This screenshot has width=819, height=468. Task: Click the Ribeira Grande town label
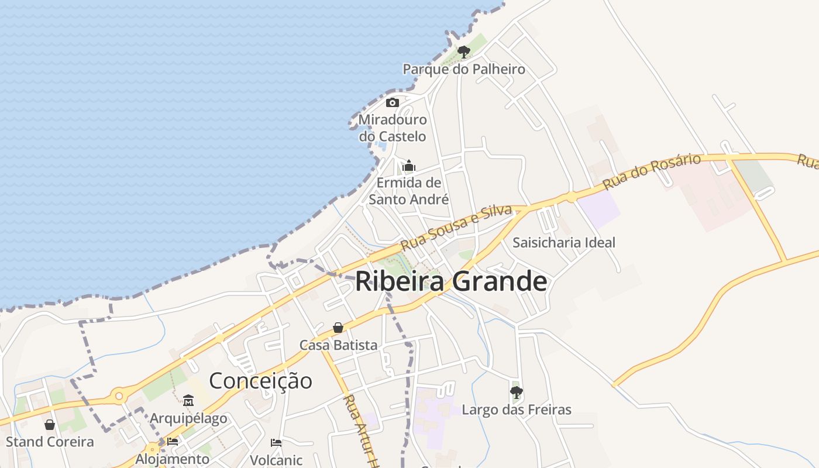coord(451,281)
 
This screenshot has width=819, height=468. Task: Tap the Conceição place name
coord(260,381)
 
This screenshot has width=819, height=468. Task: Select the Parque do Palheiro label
coord(464,69)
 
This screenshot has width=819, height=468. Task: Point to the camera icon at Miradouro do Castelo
coord(393,103)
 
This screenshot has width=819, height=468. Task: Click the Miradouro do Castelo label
coord(393,128)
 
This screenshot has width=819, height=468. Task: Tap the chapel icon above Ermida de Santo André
coord(409,166)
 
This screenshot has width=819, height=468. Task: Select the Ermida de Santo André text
coord(409,191)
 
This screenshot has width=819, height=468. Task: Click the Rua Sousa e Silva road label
coord(456,228)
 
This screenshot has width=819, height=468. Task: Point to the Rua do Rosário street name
coord(652,171)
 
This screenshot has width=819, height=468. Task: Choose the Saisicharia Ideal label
coord(564,242)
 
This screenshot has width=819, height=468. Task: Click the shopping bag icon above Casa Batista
coord(338,328)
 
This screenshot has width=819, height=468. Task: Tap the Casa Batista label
coord(338,345)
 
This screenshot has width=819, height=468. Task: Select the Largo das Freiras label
coord(517,409)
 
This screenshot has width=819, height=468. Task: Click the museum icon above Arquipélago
coord(188,401)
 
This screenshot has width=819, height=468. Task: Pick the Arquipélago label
coord(188,418)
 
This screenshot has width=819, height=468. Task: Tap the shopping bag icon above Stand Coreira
coord(50,425)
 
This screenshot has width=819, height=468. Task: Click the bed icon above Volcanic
coord(276,443)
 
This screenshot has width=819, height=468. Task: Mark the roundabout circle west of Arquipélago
coord(119,397)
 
